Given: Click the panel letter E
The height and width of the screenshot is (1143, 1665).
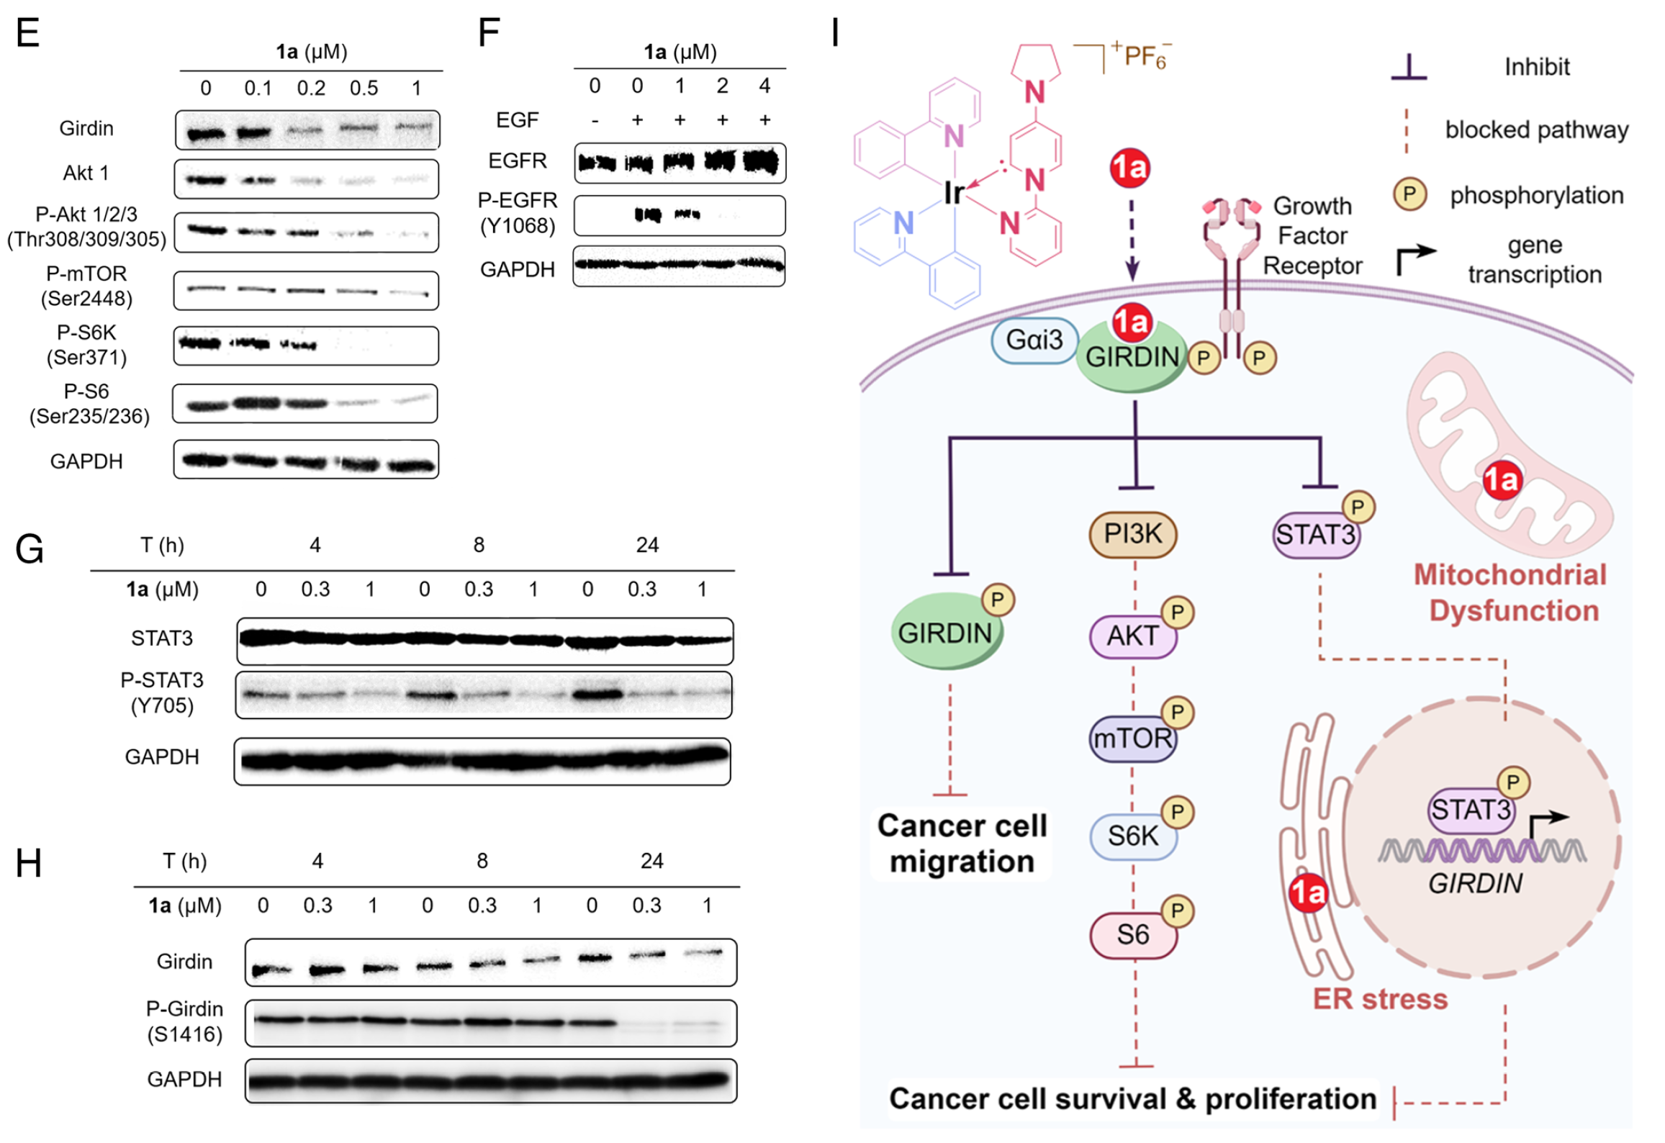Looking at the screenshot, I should [x=27, y=33].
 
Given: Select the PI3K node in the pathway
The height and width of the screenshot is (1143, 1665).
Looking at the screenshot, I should [x=1132, y=534].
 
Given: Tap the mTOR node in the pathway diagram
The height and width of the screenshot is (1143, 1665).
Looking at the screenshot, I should [x=1132, y=738].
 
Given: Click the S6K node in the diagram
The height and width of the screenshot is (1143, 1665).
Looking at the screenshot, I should [x=1132, y=836].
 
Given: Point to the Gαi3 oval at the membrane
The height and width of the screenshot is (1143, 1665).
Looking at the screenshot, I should [x=1034, y=340].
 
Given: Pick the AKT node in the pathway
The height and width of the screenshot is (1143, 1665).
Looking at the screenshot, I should [x=1132, y=636].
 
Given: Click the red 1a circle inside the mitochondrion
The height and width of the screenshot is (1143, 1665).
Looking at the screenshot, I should [x=1502, y=480].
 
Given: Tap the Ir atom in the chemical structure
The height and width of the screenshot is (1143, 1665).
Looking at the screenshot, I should [x=954, y=193].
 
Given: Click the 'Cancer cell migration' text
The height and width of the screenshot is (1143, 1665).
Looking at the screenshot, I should [x=962, y=844].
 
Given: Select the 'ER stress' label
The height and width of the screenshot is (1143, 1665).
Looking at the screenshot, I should [x=1379, y=999].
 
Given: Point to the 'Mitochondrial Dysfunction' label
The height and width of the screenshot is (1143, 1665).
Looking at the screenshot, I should [x=1510, y=592].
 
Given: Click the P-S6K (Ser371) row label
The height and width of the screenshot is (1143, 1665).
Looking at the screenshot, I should [x=86, y=345].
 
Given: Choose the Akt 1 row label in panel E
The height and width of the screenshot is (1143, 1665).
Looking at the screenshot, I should [x=86, y=173].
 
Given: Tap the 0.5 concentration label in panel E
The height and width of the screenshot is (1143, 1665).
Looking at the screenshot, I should [x=364, y=89].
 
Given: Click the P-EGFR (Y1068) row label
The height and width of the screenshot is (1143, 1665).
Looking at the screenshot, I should [x=518, y=213].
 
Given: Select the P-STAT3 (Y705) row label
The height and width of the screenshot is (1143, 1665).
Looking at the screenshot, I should [x=162, y=692].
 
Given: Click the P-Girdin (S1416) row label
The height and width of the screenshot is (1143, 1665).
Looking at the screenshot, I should [x=184, y=1021].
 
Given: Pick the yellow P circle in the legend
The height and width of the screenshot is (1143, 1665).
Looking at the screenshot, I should [x=1409, y=194].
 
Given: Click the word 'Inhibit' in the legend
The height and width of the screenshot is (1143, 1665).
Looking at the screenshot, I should [x=1536, y=67].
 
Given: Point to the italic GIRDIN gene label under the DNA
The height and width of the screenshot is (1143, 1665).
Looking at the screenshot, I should [x=1475, y=884].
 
